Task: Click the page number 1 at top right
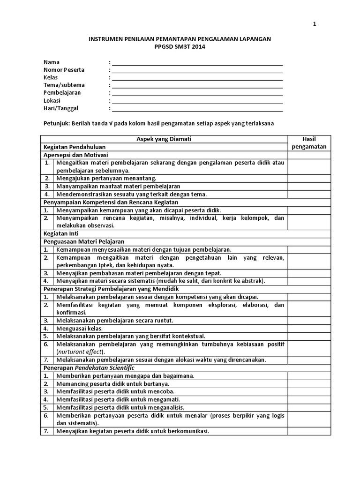pyautogui.click(x=315, y=25)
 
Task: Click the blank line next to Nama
pyautogui.click(x=197, y=62)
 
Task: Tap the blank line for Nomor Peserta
pyautogui.click(x=197, y=70)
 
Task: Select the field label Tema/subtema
pyautogui.click(x=64, y=85)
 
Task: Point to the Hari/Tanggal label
pyautogui.click(x=61, y=108)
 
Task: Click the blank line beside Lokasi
pyautogui.click(x=197, y=100)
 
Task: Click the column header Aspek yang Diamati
pyautogui.click(x=164, y=139)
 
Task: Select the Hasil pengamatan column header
pyautogui.click(x=309, y=142)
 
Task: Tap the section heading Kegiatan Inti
pyautogui.click(x=61, y=233)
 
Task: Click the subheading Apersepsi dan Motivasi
pyautogui.click(x=75, y=154)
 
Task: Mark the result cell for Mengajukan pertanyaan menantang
pyautogui.click(x=309, y=178)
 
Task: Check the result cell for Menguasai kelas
pyautogui.click(x=309, y=328)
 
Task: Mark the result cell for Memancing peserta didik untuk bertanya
pyautogui.click(x=309, y=383)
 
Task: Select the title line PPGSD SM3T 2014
pyautogui.click(x=180, y=47)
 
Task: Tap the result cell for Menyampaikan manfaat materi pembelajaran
pyautogui.click(x=309, y=186)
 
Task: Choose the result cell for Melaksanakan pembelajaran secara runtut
pyautogui.click(x=309, y=320)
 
